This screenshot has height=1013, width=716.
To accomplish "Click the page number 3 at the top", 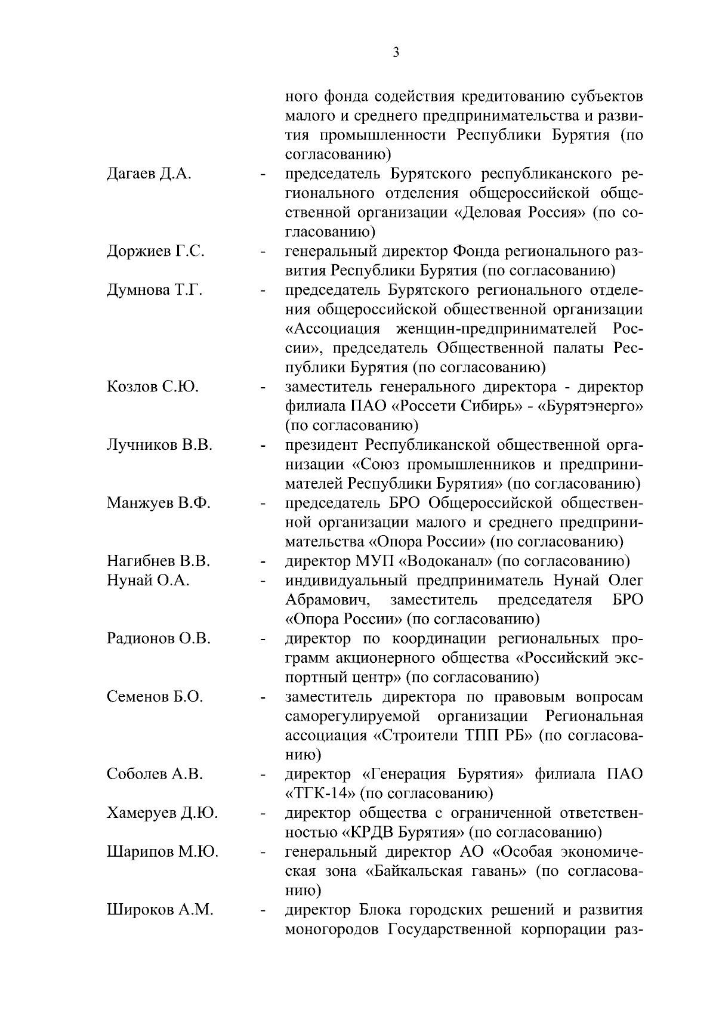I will (396, 52).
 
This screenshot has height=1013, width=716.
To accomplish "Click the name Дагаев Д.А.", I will (149, 174).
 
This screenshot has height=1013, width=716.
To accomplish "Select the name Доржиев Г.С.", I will (156, 251).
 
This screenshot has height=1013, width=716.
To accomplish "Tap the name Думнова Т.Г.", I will (155, 291).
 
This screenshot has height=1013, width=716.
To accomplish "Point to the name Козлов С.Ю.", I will (152, 387).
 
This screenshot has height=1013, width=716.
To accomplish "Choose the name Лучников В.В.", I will (159, 445).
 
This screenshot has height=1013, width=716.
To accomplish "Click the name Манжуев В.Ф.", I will (159, 503).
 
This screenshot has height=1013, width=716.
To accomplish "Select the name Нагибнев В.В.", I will (159, 561).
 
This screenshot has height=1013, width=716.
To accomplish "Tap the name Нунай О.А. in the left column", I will (148, 580).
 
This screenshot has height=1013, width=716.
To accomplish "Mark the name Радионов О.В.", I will (159, 638).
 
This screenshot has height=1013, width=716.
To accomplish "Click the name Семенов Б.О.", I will (155, 696).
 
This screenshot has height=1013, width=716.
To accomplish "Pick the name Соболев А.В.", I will (155, 774).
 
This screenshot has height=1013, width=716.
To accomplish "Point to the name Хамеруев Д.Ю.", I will (162, 813).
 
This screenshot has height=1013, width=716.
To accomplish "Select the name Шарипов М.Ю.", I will (162, 851).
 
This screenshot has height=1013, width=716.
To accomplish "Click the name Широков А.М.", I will (160, 910).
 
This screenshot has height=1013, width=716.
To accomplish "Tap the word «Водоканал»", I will (445, 561).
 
